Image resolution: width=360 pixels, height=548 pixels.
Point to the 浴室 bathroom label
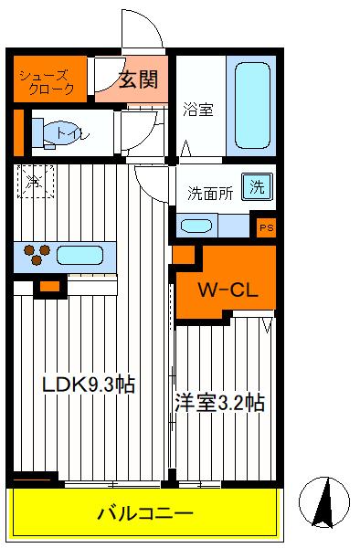tap(198, 110)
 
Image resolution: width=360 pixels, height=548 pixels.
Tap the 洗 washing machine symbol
tap(258, 187)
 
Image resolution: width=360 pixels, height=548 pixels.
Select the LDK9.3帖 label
tap(89, 385)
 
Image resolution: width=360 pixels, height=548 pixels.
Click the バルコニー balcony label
tap(145, 513)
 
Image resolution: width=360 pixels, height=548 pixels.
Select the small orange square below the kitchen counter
tap(49, 288)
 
